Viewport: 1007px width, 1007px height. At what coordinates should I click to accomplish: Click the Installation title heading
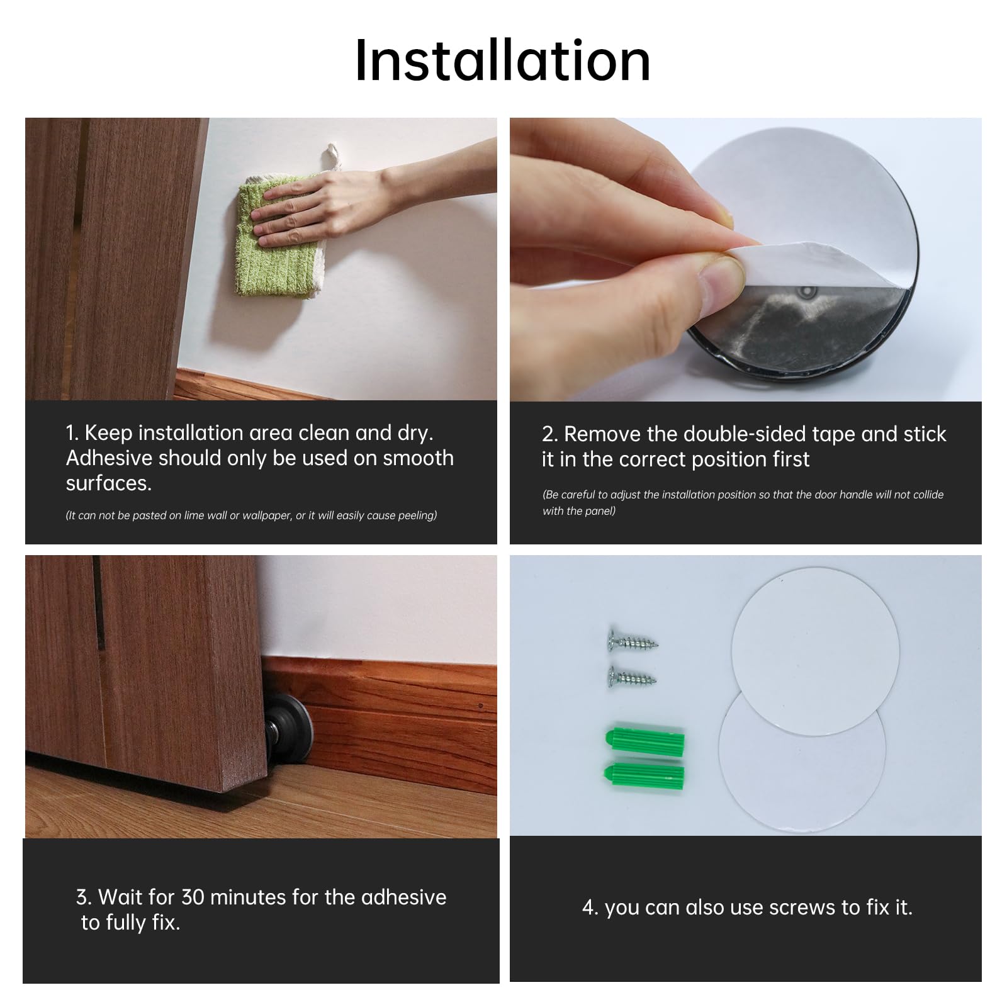502,61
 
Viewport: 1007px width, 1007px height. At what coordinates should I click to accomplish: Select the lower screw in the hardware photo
631,677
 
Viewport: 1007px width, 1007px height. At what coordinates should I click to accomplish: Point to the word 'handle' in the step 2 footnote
856,495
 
